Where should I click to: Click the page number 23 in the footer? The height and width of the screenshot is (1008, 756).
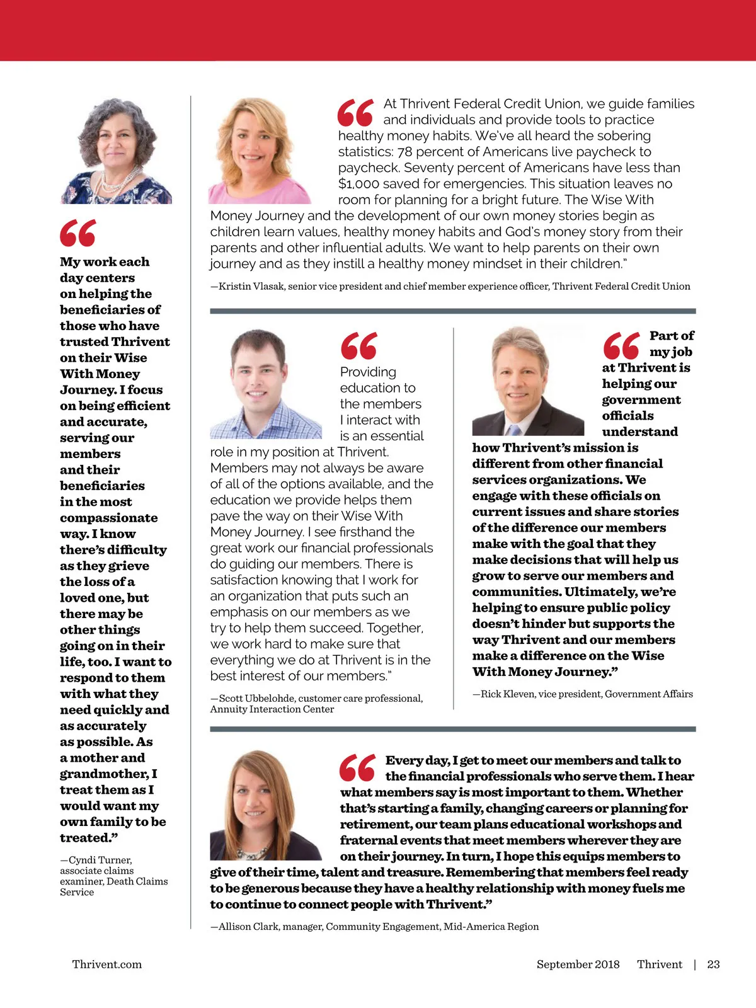(x=713, y=964)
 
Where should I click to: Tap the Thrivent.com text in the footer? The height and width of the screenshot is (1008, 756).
(x=107, y=964)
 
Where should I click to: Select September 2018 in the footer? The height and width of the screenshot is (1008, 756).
(x=578, y=964)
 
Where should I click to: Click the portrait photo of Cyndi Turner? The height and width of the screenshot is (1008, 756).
(x=116, y=151)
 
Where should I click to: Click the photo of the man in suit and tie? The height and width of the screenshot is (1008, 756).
(x=528, y=381)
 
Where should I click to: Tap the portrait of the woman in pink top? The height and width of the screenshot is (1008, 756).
(x=260, y=151)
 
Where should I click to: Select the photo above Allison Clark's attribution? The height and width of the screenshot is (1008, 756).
(x=266, y=805)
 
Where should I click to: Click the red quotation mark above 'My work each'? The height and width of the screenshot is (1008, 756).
(x=78, y=233)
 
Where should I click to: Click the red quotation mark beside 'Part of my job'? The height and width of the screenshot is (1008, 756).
(x=621, y=345)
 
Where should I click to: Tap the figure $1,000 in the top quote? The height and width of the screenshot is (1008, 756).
(x=357, y=184)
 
